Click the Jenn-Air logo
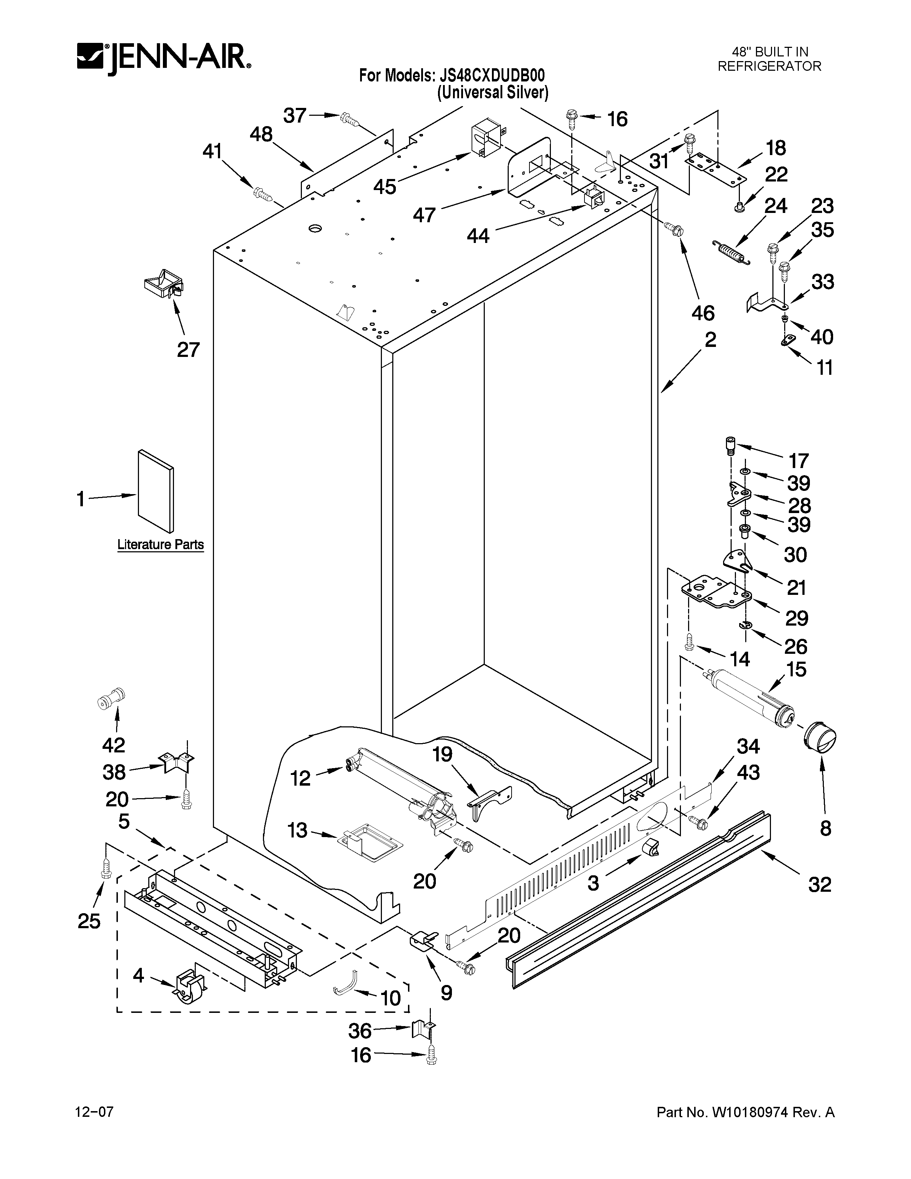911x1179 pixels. (x=164, y=58)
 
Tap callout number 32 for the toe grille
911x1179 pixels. (x=819, y=885)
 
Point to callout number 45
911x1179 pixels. (x=385, y=187)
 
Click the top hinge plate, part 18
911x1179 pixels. (x=715, y=168)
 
